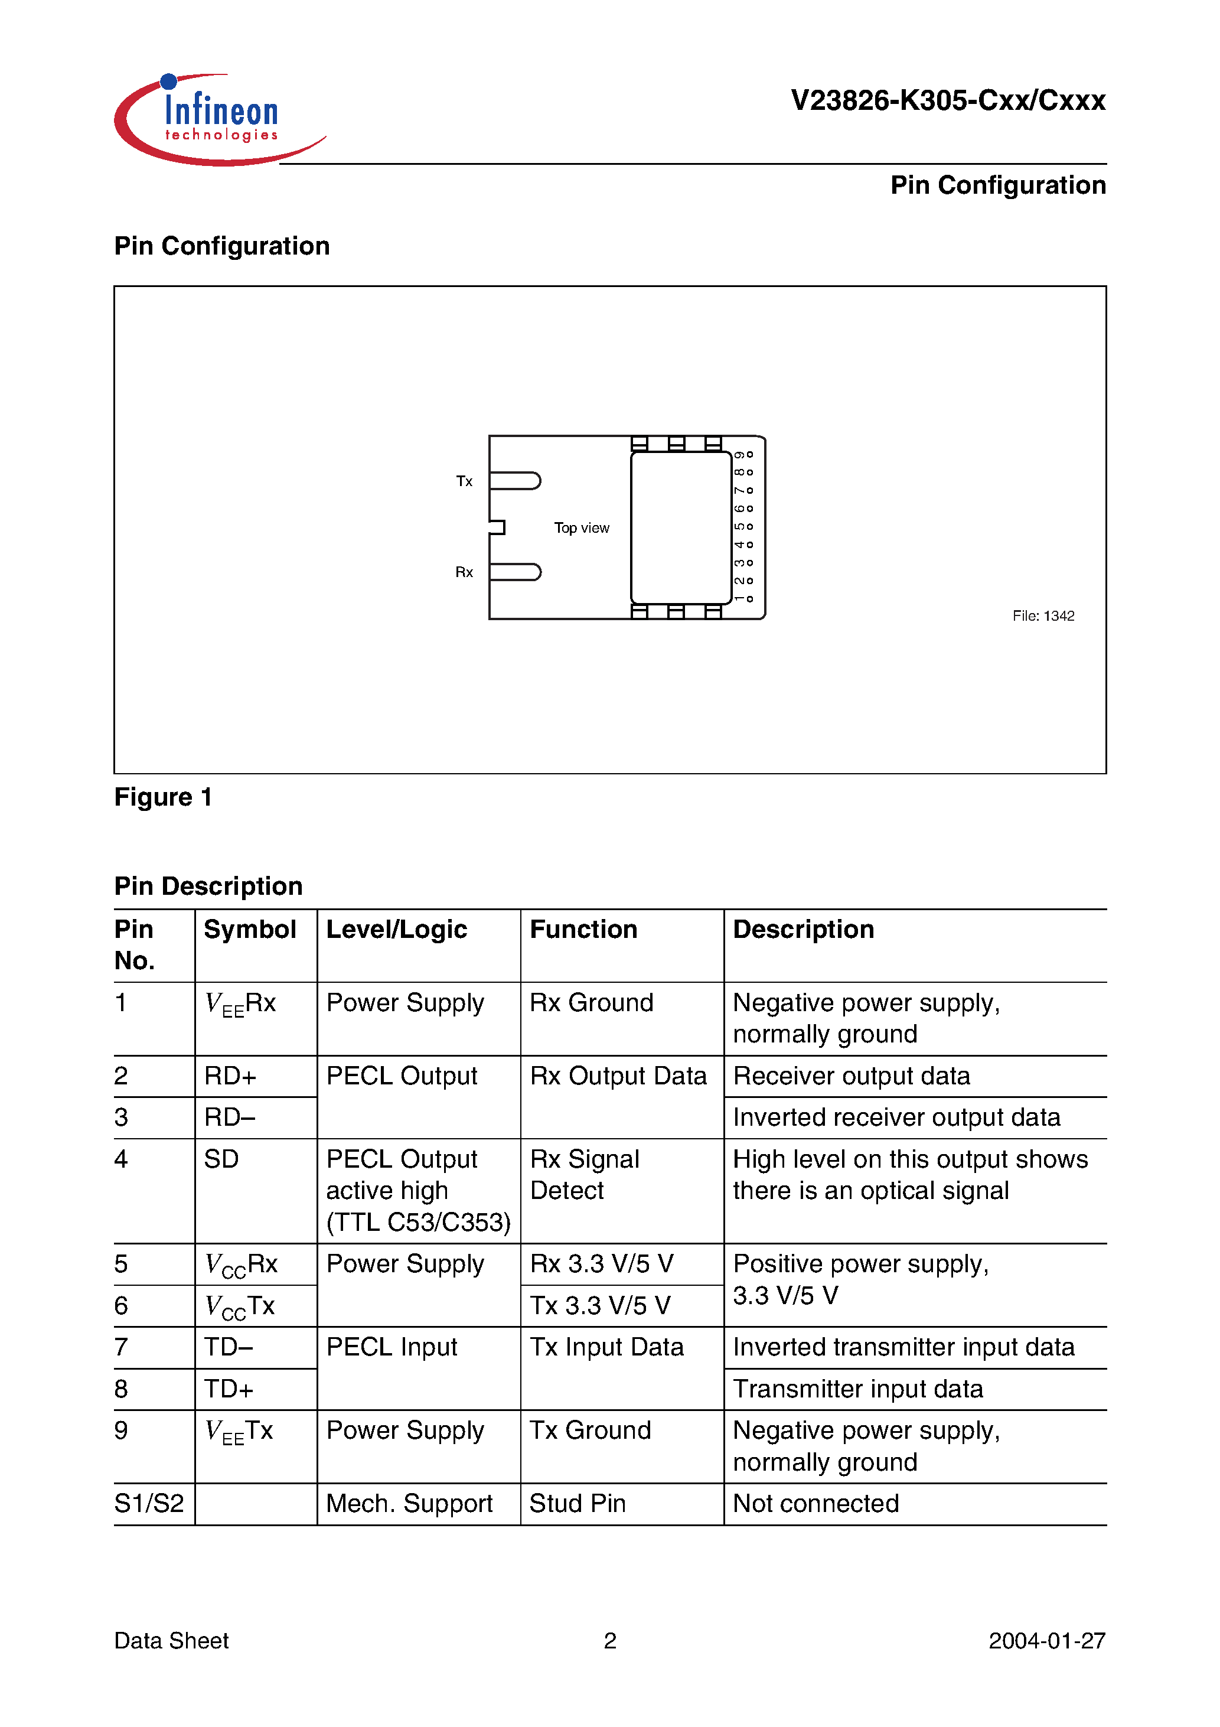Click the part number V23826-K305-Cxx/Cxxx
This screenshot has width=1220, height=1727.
[947, 100]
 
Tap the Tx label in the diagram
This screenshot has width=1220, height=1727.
[464, 481]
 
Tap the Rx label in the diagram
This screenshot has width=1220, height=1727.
[464, 572]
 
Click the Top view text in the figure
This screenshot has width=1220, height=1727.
[582, 528]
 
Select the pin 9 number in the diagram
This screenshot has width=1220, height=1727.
[739, 455]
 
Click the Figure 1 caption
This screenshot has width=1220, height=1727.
[163, 797]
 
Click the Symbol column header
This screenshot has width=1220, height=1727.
[250, 930]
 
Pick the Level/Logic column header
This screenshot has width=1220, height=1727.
[396, 930]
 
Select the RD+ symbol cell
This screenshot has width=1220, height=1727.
[230, 1076]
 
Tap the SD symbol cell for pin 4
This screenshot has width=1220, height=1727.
[221, 1159]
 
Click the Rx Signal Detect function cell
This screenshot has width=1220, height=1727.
[585, 1175]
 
